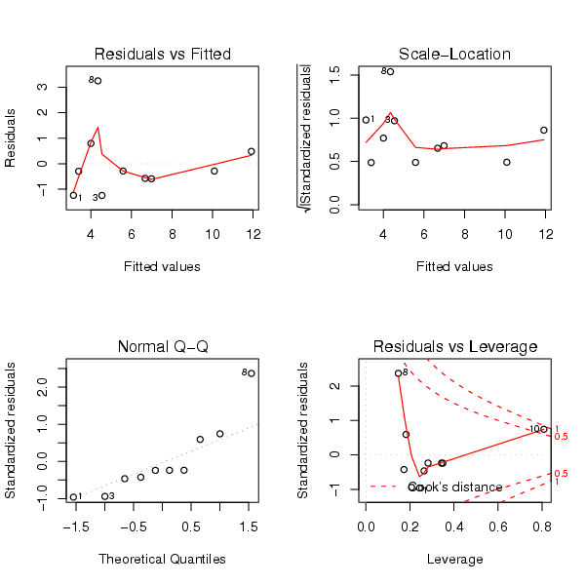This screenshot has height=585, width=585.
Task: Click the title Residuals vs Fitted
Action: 162,54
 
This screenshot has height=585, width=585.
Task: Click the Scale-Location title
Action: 454,54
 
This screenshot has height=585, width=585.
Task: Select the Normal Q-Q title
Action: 162,346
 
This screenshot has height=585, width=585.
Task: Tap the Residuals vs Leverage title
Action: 454,346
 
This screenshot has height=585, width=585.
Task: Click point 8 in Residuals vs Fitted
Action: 97,81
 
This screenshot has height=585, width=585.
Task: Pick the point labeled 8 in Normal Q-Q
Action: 251,373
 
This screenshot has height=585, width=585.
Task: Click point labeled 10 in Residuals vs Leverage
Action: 544,429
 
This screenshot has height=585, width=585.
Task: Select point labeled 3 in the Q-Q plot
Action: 104,496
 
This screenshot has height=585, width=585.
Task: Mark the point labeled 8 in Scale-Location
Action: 390,71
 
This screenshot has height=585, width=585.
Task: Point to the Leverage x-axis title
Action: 454,559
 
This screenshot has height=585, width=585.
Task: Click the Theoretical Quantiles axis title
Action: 162,559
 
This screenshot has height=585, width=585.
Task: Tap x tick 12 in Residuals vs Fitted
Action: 253,232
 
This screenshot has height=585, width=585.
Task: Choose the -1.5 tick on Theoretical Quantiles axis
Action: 74,525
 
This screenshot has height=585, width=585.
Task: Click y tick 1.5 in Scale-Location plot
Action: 335,71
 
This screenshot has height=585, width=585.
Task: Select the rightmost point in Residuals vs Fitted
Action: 251,151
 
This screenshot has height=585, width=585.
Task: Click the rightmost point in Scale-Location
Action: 544,130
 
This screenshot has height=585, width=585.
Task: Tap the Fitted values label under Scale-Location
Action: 454,266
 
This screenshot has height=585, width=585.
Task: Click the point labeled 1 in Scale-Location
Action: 366,120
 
